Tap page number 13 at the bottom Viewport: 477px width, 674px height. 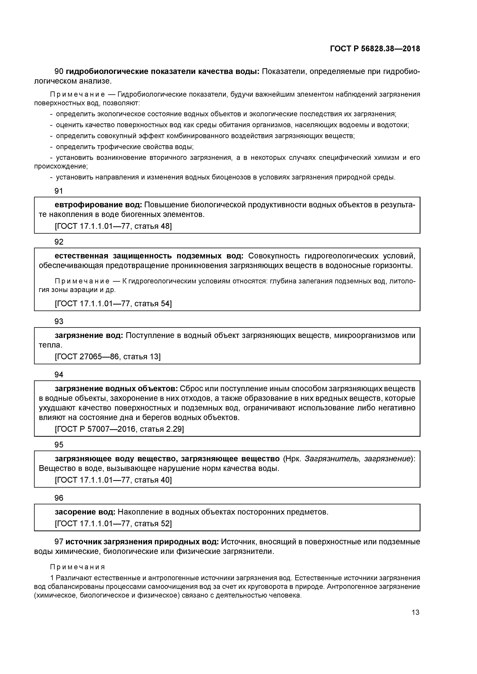click(x=415, y=612)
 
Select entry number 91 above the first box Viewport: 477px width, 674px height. click(x=59, y=191)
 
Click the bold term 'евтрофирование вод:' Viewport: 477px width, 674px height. click(x=98, y=205)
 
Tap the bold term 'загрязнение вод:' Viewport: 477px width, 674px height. click(x=89, y=335)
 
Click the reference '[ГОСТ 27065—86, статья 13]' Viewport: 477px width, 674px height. click(x=108, y=357)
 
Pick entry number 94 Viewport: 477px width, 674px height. click(x=59, y=375)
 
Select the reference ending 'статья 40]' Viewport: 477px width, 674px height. click(x=113, y=480)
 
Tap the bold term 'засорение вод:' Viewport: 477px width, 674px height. click(x=85, y=512)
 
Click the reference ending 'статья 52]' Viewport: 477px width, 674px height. click(x=113, y=523)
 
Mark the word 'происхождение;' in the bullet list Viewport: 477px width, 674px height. click(x=61, y=166)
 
